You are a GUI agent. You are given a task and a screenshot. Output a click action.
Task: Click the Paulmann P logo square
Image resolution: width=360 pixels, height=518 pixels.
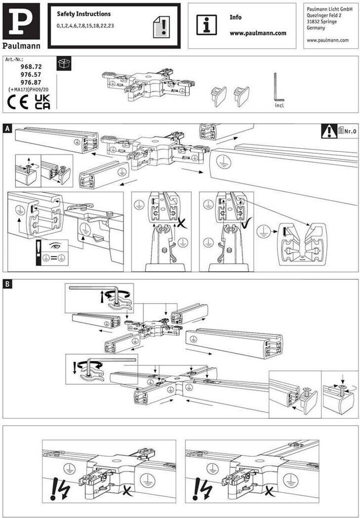point(21,21)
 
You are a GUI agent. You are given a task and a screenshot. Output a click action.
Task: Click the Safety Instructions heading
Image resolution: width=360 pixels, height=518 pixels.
point(84,14)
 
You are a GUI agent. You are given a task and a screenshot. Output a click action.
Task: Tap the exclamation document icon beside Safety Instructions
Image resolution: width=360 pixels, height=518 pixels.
point(162,27)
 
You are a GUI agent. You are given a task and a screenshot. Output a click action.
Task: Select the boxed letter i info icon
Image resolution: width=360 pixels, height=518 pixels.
point(207,25)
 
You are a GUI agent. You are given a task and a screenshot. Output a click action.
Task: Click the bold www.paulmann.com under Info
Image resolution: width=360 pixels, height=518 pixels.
point(258,33)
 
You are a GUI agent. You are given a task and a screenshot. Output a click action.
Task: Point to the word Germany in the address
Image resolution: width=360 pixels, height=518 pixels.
point(316,28)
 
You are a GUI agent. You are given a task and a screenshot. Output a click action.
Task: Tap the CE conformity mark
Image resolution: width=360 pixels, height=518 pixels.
point(18,102)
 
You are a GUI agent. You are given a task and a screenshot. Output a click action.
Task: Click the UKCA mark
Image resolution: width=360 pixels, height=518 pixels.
point(43,102)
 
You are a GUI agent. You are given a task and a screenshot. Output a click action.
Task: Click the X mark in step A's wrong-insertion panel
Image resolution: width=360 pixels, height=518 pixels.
point(180,223)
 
